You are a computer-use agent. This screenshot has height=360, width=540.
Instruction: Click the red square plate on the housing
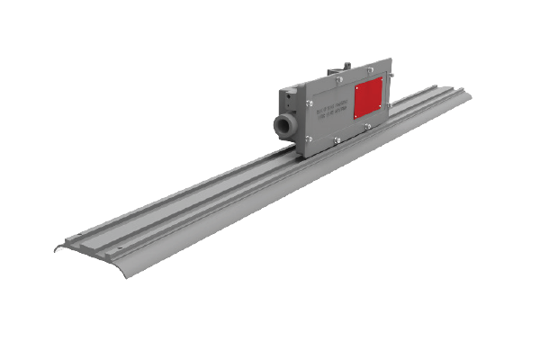(368, 98)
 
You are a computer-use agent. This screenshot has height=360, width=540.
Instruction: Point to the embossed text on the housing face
(331, 112)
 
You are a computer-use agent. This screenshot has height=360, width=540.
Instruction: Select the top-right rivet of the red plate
(382, 79)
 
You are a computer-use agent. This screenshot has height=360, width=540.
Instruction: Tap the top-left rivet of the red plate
(355, 88)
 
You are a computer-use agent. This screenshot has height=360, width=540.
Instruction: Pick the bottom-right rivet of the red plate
(380, 106)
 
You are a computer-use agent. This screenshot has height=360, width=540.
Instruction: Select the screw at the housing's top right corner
(370, 69)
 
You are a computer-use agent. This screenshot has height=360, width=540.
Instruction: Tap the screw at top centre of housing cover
(339, 79)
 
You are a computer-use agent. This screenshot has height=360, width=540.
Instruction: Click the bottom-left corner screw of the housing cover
(310, 139)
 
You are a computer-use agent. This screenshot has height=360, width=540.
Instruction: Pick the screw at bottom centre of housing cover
(337, 140)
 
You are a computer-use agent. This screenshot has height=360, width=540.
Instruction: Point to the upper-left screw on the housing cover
(310, 103)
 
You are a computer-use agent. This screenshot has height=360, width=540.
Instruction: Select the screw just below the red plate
(367, 126)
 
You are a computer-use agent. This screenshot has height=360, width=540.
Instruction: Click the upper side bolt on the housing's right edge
(391, 75)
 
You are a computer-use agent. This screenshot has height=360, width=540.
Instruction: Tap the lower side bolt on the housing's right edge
(390, 104)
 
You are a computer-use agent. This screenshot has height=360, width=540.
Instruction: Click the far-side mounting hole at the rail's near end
(78, 234)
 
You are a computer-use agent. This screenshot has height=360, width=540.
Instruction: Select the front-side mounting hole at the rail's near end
(120, 247)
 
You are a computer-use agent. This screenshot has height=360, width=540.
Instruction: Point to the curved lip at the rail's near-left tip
(58, 248)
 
